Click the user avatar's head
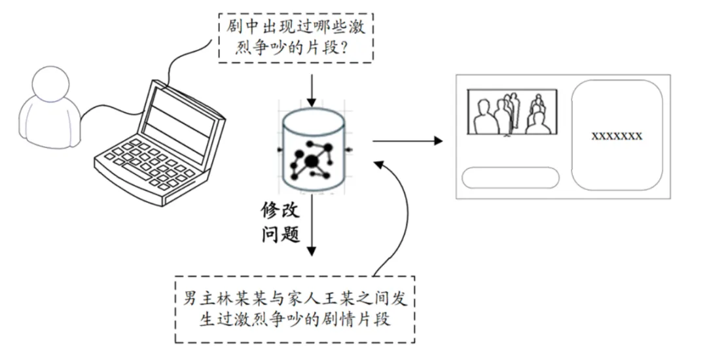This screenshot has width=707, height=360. click(x=51, y=84)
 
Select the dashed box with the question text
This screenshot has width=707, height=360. click(x=296, y=38)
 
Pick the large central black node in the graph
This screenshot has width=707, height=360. click(x=311, y=161)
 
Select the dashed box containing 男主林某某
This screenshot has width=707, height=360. click(x=295, y=310)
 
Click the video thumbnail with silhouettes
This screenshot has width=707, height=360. click(x=512, y=112)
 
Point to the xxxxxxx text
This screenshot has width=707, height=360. click(x=617, y=136)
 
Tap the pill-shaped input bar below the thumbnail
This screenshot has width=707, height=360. click(x=511, y=177)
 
